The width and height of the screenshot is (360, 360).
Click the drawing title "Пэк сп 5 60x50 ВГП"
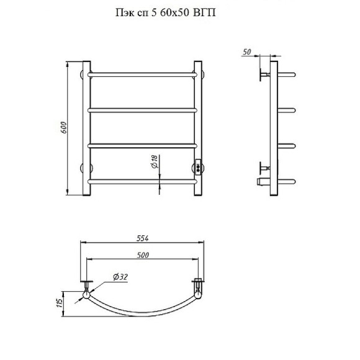pos(165,12)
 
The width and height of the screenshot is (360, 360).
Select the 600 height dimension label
pos(63,128)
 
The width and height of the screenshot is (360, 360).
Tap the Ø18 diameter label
pos(155,161)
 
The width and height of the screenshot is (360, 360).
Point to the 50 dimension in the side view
pos(247,52)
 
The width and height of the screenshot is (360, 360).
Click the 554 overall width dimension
pos(143,238)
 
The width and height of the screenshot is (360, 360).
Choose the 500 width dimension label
pos(143,255)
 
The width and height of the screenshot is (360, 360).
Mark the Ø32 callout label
pos(120,277)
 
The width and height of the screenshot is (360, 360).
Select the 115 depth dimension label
pos(59,304)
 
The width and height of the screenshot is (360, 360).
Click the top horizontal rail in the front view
pos(142,75)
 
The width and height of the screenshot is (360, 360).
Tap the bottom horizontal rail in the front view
pos(142,182)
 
